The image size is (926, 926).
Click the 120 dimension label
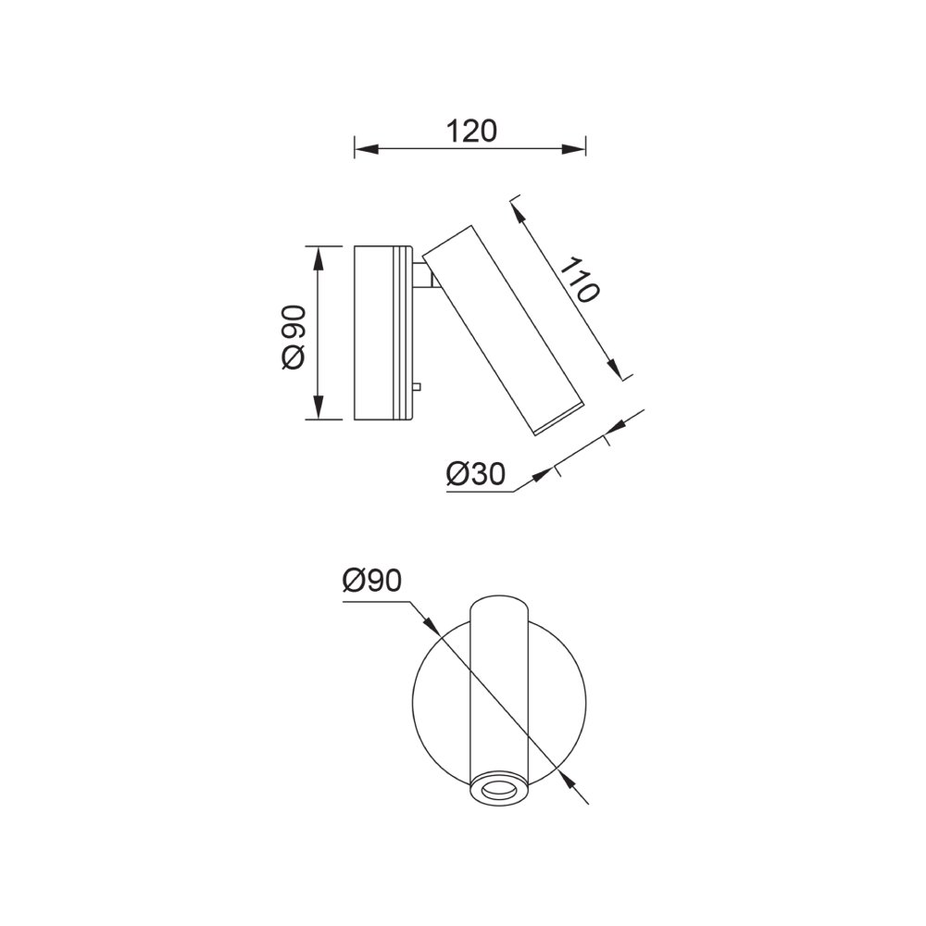470,131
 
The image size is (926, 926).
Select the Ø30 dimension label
476,474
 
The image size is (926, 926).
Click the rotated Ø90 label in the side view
294,337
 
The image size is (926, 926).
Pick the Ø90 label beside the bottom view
372,582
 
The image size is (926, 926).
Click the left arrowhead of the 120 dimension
366,149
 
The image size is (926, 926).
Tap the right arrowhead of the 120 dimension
573,149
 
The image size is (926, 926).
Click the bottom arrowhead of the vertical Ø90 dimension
319,407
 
